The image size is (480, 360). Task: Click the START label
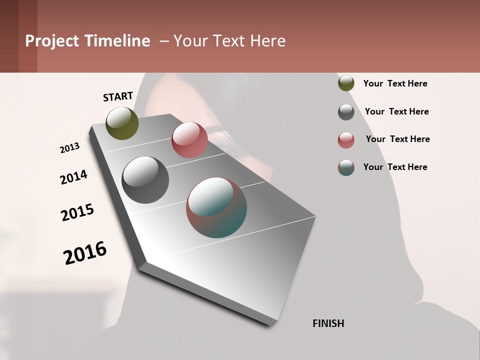(x=118, y=96)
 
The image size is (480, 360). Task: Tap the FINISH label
(x=328, y=323)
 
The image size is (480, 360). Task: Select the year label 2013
(x=69, y=148)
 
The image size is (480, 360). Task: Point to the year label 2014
(x=73, y=177)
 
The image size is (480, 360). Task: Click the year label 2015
(x=77, y=212)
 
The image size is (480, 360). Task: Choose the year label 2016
(x=85, y=252)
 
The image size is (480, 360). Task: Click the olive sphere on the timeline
(x=122, y=123)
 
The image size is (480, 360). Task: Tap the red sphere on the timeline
(x=189, y=140)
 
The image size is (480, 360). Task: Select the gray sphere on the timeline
(x=145, y=180)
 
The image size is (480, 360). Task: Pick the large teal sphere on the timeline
(x=216, y=207)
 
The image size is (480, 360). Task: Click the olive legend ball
(x=346, y=83)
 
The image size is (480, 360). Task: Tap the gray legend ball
(x=346, y=112)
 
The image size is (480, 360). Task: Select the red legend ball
(x=346, y=140)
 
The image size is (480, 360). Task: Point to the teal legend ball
(x=346, y=167)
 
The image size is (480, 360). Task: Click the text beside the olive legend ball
(x=395, y=84)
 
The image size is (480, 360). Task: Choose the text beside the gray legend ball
(x=396, y=111)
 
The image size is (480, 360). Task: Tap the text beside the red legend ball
(x=397, y=139)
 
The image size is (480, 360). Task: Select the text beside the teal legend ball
(x=395, y=167)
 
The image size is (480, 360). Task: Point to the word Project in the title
(x=52, y=41)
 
